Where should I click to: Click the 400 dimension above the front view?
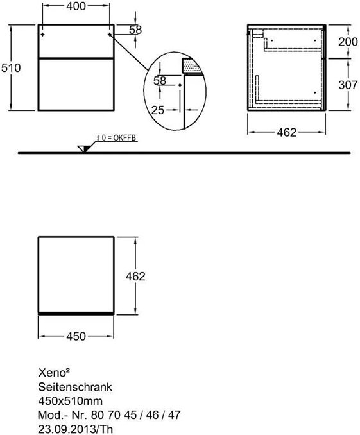coord(76,6)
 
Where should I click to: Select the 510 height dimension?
coord(11,68)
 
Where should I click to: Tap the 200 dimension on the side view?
coord(348,42)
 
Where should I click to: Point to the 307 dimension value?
coord(348,85)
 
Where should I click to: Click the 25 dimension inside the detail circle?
coord(158,110)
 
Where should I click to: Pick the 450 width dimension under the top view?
coord(76,336)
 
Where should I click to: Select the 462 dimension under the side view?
coord(287,133)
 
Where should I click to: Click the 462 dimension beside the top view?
coord(135,277)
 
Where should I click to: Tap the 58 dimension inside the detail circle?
coord(160,81)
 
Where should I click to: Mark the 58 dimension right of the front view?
coord(136,30)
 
